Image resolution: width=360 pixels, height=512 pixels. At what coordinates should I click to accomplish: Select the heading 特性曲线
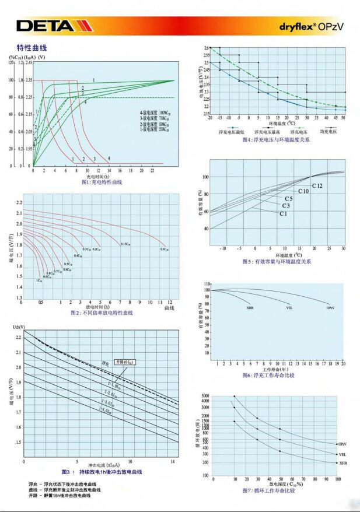tap(32, 47)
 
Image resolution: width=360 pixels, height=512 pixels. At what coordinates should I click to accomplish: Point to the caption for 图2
tap(103, 313)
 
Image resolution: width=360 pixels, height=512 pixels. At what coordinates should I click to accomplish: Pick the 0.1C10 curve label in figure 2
tap(164, 249)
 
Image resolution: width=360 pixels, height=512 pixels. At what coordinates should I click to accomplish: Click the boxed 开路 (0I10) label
tap(125, 362)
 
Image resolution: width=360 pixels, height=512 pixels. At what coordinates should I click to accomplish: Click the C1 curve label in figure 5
tap(283, 214)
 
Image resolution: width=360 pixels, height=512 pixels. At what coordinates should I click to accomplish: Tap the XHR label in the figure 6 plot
tap(250, 307)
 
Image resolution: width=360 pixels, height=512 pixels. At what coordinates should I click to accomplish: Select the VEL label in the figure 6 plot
tap(289, 307)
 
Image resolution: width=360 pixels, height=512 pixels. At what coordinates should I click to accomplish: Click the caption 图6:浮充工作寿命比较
tap(269, 375)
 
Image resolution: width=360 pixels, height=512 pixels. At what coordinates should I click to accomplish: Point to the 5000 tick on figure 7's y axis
tap(204, 397)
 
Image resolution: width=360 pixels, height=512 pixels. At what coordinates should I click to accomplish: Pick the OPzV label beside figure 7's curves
tap(342, 444)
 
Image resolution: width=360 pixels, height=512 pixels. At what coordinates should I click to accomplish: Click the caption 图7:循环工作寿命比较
tap(269, 490)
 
